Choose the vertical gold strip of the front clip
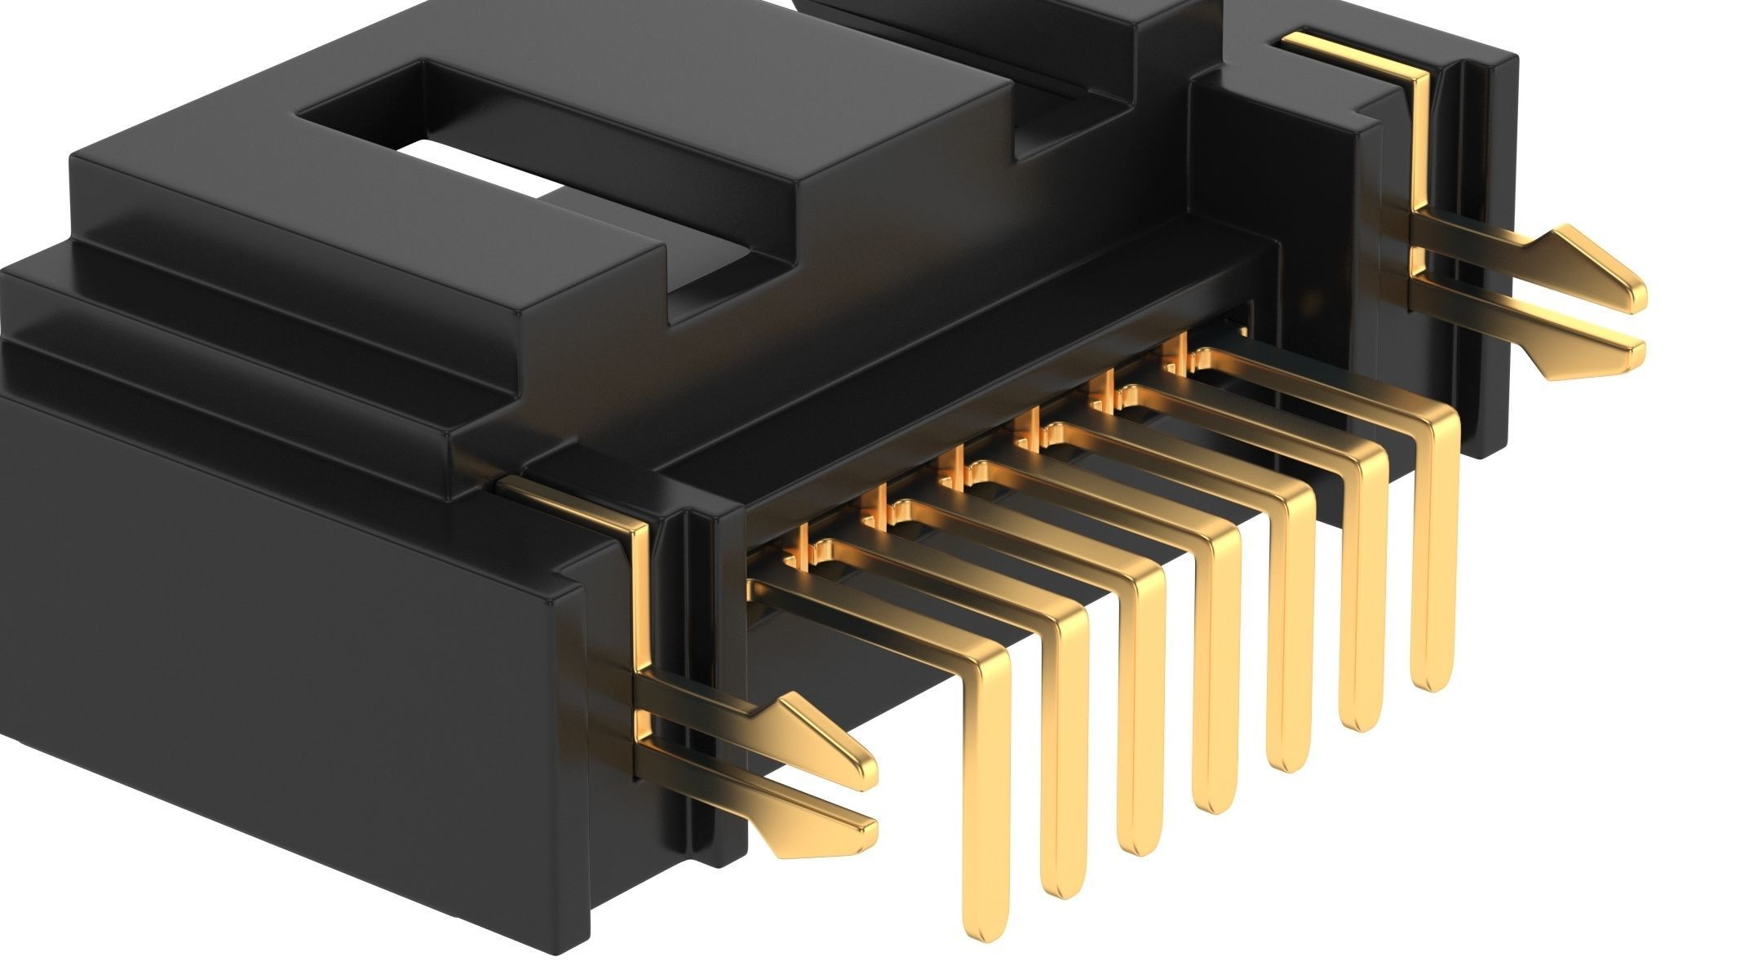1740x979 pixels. coord(640,596)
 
